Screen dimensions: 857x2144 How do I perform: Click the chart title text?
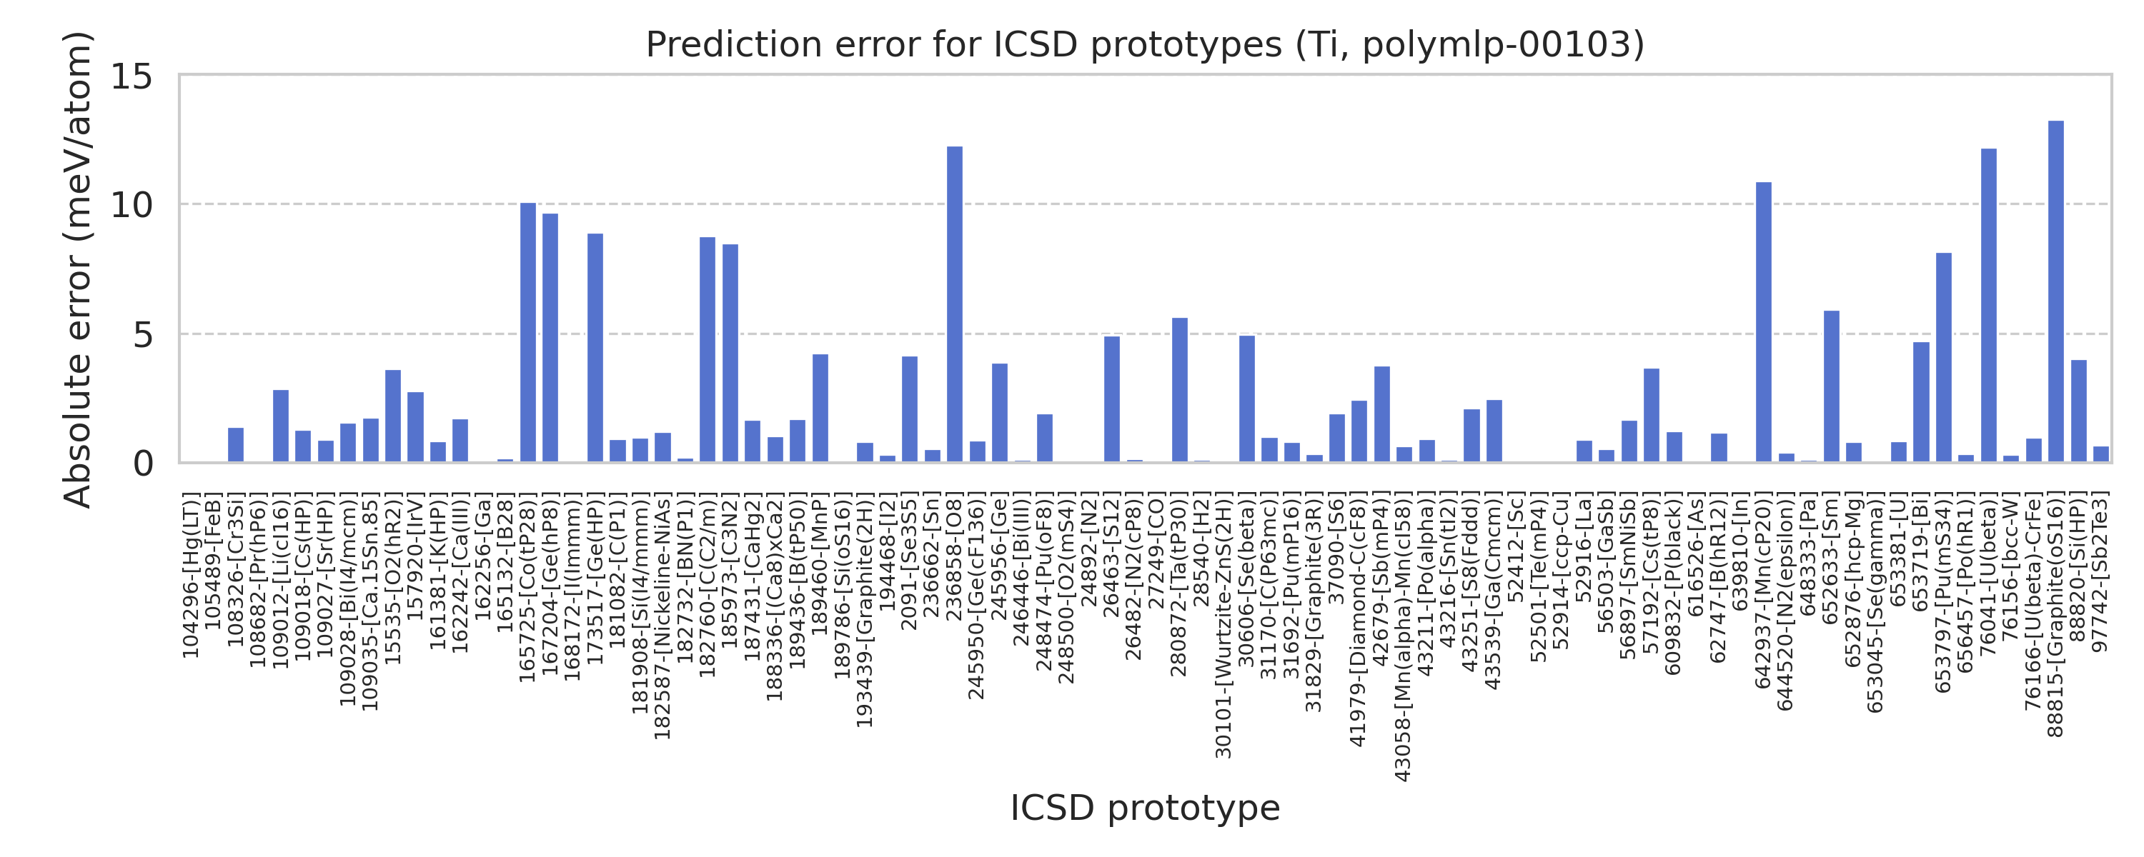[x=1144, y=44]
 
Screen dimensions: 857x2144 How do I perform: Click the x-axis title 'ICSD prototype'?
[x=1144, y=807]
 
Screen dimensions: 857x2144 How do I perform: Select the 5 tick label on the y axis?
[x=142, y=334]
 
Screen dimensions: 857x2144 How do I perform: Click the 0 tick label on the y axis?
[x=142, y=463]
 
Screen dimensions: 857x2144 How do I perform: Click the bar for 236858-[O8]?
[x=955, y=304]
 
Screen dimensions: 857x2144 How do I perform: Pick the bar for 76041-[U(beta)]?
[x=1988, y=306]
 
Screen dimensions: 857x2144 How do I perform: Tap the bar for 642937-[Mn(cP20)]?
[x=1764, y=322]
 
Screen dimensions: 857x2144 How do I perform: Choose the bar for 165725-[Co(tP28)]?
[x=527, y=332]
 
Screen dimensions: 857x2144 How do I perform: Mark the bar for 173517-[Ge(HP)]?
[x=595, y=348]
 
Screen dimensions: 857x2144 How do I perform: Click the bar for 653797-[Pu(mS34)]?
[x=1943, y=357]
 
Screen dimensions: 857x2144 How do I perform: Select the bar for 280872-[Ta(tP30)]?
[x=1179, y=389]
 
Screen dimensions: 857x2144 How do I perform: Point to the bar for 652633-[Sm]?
[x=1831, y=386]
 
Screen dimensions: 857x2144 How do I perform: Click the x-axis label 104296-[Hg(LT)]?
[x=191, y=576]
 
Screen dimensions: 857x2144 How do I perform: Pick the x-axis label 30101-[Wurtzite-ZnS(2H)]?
[x=1224, y=625]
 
